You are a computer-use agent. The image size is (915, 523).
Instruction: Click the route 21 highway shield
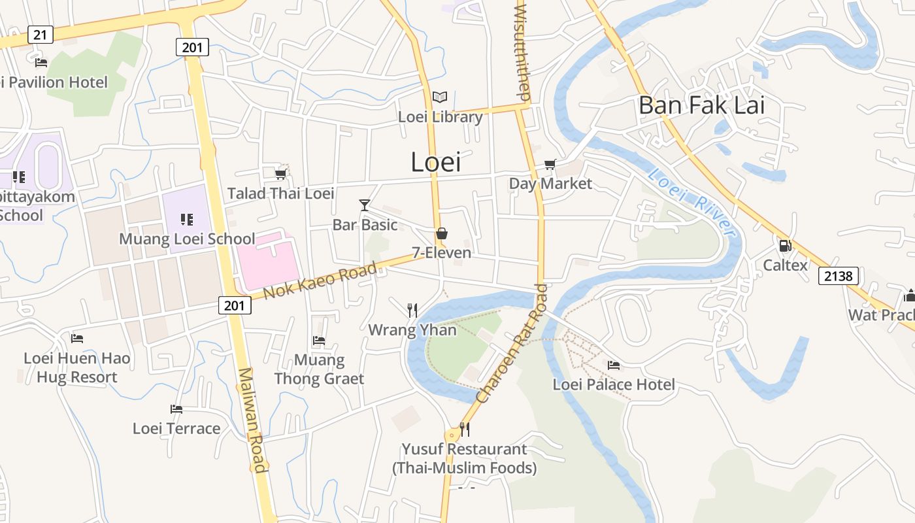(40, 35)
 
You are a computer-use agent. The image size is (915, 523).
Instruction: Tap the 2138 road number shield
(838, 276)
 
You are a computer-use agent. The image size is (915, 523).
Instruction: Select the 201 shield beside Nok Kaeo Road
(234, 305)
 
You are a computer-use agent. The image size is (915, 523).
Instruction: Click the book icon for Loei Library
(440, 97)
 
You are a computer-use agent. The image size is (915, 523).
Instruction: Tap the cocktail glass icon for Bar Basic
(365, 205)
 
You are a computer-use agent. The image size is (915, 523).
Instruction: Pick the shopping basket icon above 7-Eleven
(442, 233)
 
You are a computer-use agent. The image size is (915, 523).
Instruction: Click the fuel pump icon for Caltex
(785, 246)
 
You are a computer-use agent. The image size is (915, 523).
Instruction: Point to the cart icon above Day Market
(550, 165)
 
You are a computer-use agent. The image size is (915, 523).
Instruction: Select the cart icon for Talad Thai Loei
(281, 174)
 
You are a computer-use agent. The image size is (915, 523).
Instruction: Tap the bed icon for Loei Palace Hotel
(613, 365)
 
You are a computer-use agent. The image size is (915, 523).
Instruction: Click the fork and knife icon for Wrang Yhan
(412, 310)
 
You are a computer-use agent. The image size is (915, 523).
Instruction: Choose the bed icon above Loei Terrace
(176, 409)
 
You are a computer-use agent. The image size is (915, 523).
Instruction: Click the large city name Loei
(436, 162)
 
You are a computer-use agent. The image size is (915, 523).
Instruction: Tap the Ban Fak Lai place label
(701, 105)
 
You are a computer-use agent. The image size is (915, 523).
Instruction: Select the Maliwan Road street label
(252, 420)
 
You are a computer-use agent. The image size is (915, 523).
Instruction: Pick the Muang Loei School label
(187, 239)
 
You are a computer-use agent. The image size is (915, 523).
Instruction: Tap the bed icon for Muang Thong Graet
(319, 340)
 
